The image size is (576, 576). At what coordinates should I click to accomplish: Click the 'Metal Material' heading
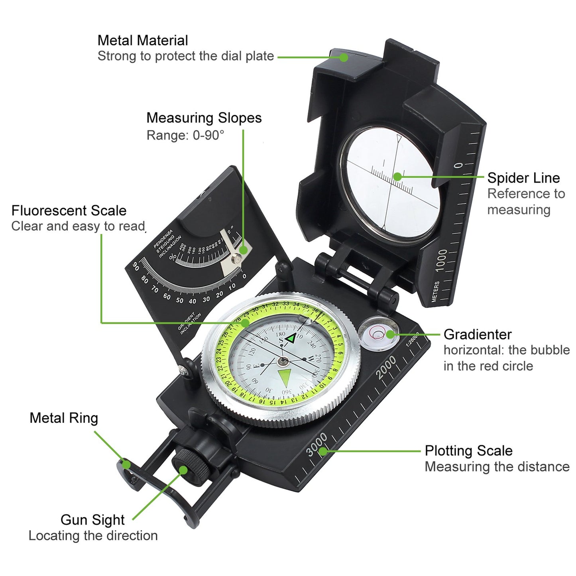142,40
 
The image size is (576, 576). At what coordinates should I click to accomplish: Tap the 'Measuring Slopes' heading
204,118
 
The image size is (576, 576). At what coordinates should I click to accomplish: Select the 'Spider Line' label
523,178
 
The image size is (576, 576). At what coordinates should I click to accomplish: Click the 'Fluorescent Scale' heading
69,210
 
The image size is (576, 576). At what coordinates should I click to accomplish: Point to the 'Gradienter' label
477,334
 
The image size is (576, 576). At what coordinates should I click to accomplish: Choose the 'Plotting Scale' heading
468,451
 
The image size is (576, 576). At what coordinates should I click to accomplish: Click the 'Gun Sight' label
92,520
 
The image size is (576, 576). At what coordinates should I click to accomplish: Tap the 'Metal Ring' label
64,418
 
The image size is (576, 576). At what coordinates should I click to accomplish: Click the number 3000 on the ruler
317,444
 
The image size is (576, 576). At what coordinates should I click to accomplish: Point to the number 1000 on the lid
441,260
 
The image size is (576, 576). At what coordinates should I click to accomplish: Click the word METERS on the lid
435,291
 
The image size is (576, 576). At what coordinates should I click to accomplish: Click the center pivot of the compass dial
283,361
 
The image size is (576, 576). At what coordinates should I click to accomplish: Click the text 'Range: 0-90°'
185,136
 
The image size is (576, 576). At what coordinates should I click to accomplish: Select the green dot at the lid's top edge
344,57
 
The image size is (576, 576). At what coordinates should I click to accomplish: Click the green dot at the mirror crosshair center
397,177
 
